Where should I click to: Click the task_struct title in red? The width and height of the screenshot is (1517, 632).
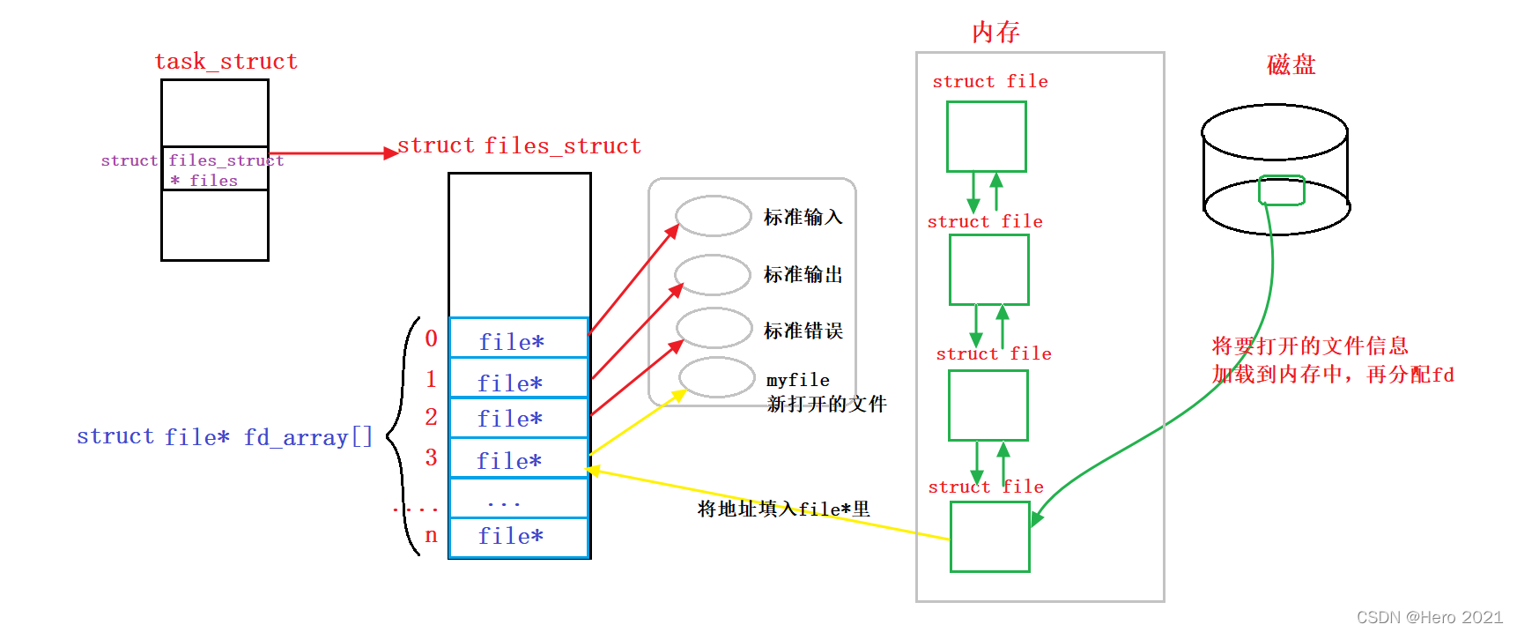[x=226, y=62]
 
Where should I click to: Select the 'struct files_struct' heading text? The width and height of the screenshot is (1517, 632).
[x=519, y=146]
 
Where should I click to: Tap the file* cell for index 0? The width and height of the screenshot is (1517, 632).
[x=518, y=339]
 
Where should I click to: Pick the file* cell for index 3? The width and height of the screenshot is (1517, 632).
[x=518, y=458]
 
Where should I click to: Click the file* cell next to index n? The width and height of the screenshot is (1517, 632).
[x=518, y=537]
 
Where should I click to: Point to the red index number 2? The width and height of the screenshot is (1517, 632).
[x=431, y=417]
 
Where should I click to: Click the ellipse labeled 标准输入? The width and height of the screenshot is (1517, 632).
[x=713, y=216]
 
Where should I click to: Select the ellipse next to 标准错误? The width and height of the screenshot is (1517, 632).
[x=714, y=328]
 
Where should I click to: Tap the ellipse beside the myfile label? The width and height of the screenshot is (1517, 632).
[x=717, y=377]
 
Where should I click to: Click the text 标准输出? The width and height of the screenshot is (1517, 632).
[x=803, y=275]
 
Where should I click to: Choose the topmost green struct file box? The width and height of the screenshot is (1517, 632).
[x=986, y=137]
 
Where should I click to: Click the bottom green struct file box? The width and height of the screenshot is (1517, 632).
[x=989, y=537]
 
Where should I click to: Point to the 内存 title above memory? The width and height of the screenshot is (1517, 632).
[x=995, y=33]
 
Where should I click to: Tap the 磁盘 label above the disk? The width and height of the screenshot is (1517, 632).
[x=1291, y=65]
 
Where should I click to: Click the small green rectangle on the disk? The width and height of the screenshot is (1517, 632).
[x=1281, y=190]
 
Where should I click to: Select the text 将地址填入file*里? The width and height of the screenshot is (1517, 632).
[x=783, y=509]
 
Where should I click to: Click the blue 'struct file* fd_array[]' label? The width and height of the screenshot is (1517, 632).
[x=225, y=437]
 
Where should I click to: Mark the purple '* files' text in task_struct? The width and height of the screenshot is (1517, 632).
[x=203, y=181]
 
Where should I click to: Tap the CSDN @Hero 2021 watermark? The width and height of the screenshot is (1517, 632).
[x=1429, y=617]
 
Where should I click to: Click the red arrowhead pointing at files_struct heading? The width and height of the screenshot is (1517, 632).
[x=391, y=153]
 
